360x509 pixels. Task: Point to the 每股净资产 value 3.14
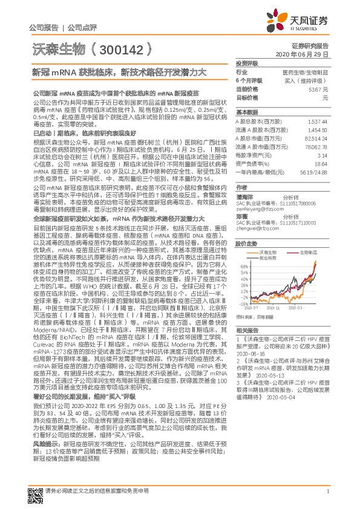(x=322, y=155)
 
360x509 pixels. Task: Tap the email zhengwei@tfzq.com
(x=254, y=228)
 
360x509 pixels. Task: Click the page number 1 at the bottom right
(x=327, y=491)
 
